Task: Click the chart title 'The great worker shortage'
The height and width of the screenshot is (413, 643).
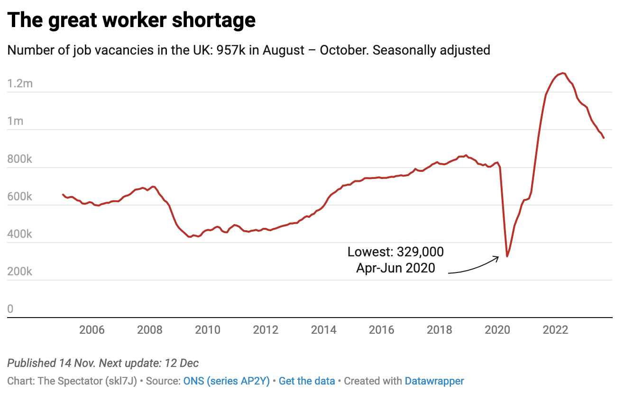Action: pos(131,20)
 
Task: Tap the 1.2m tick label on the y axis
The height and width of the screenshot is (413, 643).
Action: pos(20,84)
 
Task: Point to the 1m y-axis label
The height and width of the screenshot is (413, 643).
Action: pos(15,121)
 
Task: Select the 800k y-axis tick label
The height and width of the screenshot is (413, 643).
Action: pos(20,159)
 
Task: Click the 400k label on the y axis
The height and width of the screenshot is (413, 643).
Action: pos(20,234)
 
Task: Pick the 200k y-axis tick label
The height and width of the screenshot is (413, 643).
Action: pos(20,272)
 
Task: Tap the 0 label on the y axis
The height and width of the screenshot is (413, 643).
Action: pos(10,309)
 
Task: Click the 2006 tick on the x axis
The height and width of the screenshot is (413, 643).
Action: pos(92,330)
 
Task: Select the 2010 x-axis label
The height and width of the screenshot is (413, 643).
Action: pos(208,330)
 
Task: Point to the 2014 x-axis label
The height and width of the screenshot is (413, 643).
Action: pos(324,330)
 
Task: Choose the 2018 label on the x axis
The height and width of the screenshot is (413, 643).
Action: pos(440,330)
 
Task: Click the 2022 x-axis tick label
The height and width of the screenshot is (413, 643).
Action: pos(555,330)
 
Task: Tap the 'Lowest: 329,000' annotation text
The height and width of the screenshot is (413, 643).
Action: pos(395,252)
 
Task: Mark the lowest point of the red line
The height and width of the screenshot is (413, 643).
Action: pos(507,256)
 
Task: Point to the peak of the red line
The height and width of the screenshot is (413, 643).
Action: pos(562,73)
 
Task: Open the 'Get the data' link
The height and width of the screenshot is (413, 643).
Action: pos(307,381)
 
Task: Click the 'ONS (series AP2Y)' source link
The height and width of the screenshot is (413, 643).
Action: pos(226,381)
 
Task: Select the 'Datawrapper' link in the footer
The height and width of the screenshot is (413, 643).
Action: pos(434,381)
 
